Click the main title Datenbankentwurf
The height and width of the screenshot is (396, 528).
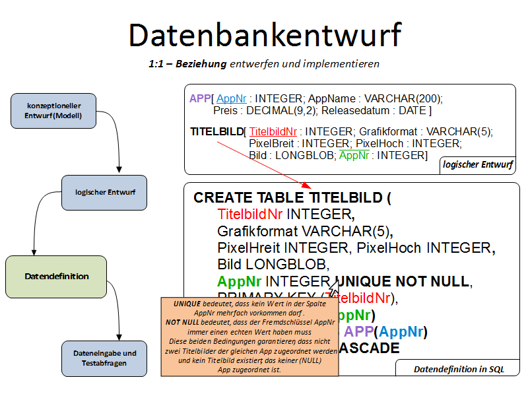(x=264, y=34)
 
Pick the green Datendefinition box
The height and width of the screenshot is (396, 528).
(x=56, y=277)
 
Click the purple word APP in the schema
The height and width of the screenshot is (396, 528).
(x=199, y=98)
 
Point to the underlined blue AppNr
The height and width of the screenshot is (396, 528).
(x=231, y=98)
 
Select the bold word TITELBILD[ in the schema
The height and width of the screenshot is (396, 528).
(x=217, y=132)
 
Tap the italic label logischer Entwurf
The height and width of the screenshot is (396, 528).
(x=478, y=164)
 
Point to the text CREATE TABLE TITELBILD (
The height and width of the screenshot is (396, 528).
(x=292, y=198)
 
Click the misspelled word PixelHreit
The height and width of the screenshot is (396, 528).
(x=249, y=248)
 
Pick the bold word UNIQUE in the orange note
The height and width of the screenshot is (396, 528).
(x=187, y=304)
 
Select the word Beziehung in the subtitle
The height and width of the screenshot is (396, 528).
(x=204, y=64)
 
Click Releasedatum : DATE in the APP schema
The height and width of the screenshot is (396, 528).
(x=376, y=110)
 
